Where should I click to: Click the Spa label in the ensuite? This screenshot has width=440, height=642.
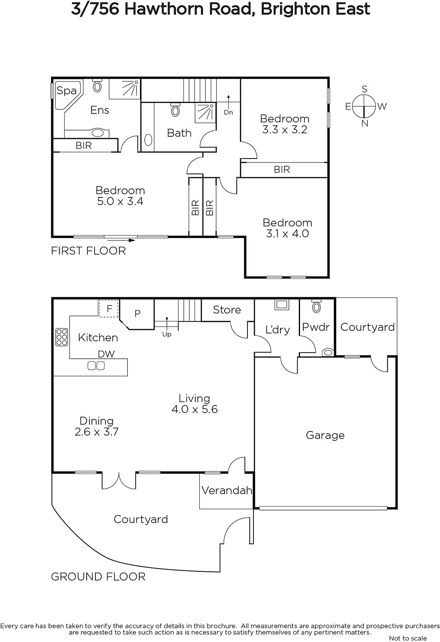[x=66, y=91]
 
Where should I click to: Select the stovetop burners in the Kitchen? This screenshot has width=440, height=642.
[x=62, y=337]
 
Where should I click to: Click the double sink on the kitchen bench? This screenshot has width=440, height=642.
[x=96, y=366]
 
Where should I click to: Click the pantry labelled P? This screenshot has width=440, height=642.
[x=138, y=314]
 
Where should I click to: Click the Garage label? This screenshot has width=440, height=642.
[x=325, y=435]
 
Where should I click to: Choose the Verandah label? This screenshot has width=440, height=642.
[x=227, y=490]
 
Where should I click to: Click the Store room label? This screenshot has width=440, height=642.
[x=227, y=310]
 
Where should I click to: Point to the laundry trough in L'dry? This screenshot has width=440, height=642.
[x=282, y=305]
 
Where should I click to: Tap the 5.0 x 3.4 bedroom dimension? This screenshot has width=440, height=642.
[x=120, y=201]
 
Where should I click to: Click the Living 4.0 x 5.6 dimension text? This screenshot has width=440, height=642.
[x=195, y=409]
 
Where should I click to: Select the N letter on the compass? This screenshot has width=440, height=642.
[x=365, y=124]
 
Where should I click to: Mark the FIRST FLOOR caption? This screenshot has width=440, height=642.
[x=88, y=251]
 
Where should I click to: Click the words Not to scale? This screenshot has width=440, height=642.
[x=408, y=638]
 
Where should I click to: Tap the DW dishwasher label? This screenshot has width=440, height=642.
[x=106, y=354]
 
